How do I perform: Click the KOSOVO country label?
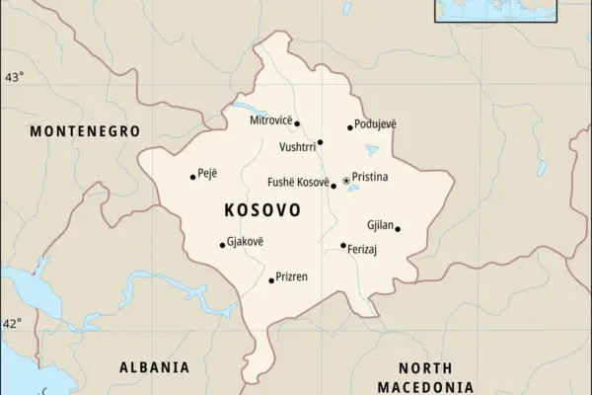[262, 211]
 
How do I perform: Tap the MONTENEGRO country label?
[84, 131]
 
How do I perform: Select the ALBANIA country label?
[154, 367]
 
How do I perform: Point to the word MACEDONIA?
[425, 386]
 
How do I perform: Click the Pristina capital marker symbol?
[345, 180]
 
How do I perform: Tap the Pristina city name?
[370, 177]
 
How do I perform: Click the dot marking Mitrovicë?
[297, 123]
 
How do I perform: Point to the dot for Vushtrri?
[320, 142]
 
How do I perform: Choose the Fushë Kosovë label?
[298, 182]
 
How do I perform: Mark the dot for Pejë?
[192, 178]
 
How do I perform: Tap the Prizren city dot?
[271, 280]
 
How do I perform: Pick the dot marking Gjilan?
[398, 229]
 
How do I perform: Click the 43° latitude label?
[14, 77]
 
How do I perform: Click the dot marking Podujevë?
[349, 127]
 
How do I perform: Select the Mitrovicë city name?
[270, 119]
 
